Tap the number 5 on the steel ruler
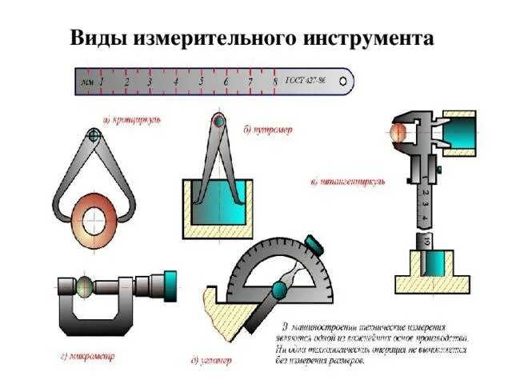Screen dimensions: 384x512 click(x=201, y=82)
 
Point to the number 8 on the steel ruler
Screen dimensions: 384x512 click(x=275, y=82)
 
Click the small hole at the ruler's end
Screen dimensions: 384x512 click(x=343, y=81)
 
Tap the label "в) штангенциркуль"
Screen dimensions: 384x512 click(x=347, y=182)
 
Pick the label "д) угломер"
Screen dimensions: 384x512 click(x=212, y=362)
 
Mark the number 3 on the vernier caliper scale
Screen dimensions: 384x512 click(x=424, y=206)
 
